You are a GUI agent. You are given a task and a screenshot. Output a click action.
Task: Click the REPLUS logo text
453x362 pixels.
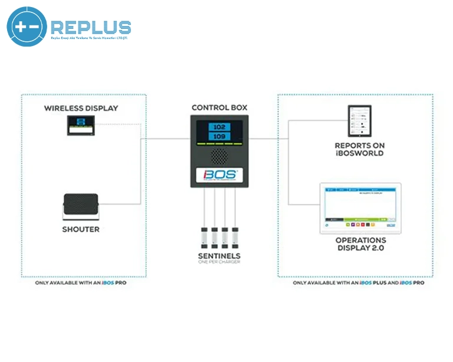click(x=91, y=27)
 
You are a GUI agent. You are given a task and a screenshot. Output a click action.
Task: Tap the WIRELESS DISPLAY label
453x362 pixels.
click(x=81, y=108)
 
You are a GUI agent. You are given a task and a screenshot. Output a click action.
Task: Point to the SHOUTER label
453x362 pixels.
click(x=81, y=229)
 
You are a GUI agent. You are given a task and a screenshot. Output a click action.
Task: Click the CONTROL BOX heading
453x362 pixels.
click(x=219, y=108)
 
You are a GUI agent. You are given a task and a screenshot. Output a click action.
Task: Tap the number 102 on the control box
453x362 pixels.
click(x=219, y=127)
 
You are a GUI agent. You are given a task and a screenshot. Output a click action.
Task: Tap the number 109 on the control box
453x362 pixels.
click(x=219, y=137)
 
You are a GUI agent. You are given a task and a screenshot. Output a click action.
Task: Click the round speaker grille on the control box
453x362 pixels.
click(x=219, y=156)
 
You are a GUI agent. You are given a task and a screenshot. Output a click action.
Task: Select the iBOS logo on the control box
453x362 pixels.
click(x=219, y=175)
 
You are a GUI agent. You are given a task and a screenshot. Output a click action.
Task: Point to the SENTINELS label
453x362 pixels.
click(x=219, y=256)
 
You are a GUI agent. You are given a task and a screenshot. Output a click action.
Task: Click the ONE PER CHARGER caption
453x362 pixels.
click(x=219, y=262)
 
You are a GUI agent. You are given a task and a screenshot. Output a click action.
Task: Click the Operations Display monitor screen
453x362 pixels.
click(x=360, y=207)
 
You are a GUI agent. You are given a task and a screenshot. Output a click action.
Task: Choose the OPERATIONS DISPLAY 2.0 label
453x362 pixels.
click(x=360, y=244)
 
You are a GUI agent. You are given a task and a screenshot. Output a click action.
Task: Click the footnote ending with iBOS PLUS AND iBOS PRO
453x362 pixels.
click(x=359, y=283)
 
